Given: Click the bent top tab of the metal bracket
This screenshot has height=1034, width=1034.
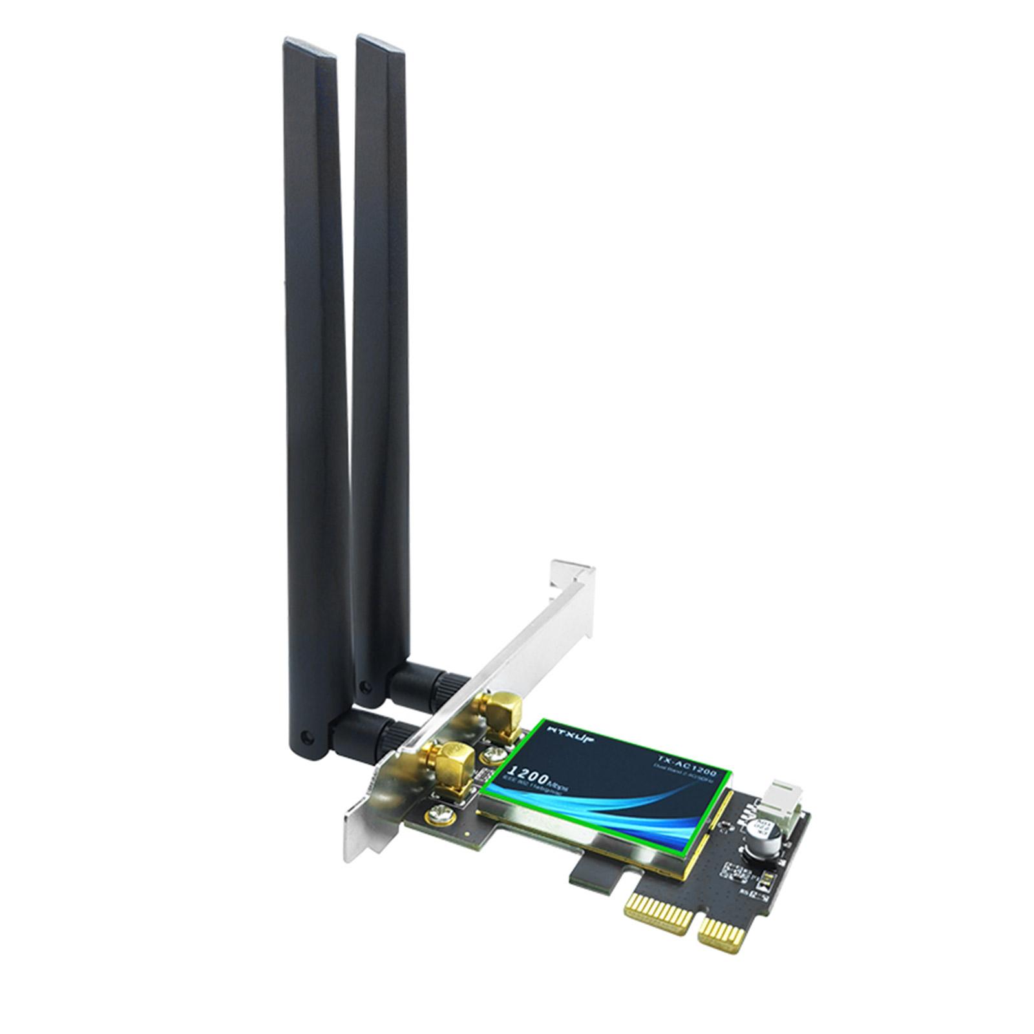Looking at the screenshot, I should click(x=573, y=575).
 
